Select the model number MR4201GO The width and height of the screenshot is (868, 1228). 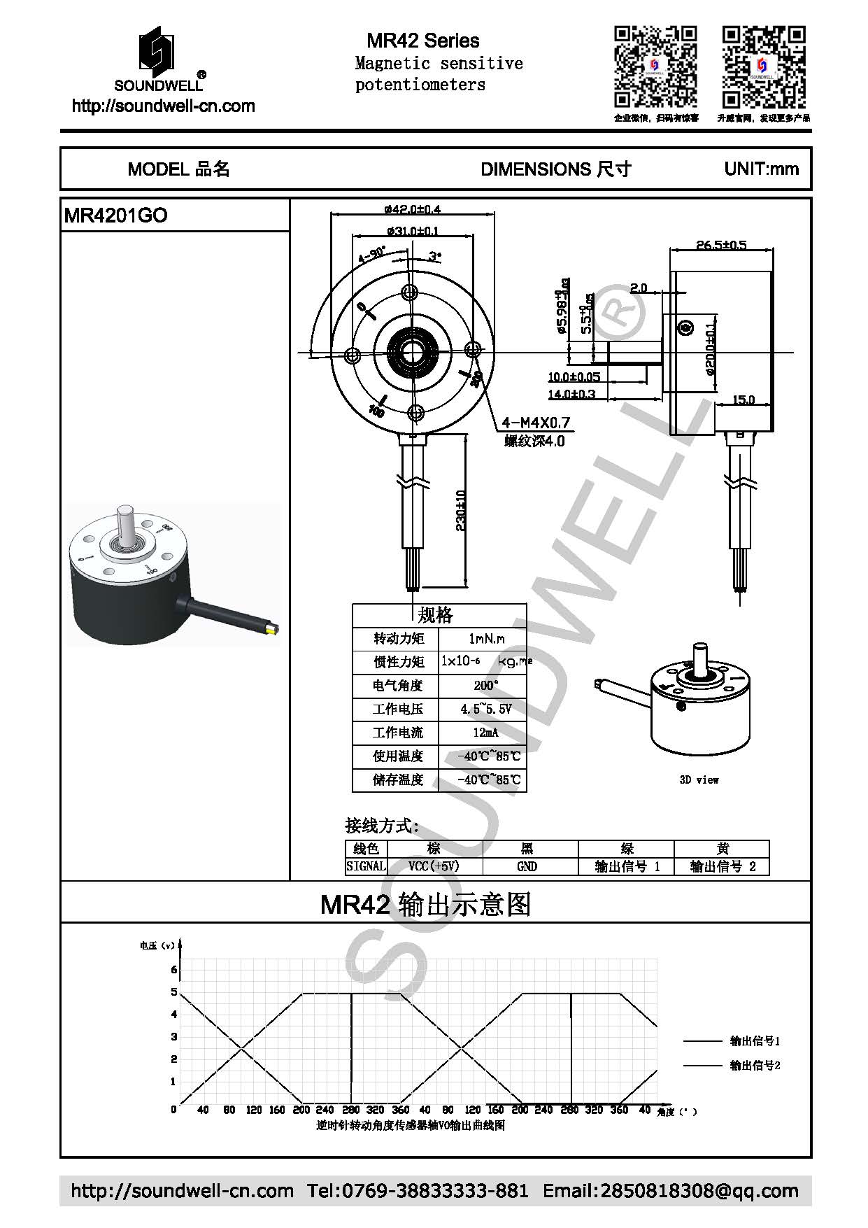pyautogui.click(x=115, y=216)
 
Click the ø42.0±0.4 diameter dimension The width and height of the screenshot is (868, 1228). pyautogui.click(x=413, y=209)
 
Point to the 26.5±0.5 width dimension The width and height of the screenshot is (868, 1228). pyautogui.click(x=721, y=245)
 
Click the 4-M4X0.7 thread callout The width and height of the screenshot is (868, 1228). pyautogui.click(x=536, y=423)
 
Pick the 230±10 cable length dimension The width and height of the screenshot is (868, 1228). pyautogui.click(x=460, y=510)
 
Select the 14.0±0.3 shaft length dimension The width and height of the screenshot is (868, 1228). pyautogui.click(x=571, y=394)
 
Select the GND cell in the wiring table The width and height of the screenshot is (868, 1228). pyautogui.click(x=527, y=866)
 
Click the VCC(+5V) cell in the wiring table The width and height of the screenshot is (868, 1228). pyautogui.click(x=434, y=866)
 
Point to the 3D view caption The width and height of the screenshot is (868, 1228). pyautogui.click(x=699, y=779)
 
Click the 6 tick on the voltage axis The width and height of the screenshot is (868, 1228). pyautogui.click(x=174, y=970)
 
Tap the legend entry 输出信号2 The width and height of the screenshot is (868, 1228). pyautogui.click(x=755, y=1065)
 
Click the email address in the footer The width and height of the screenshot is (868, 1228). pyautogui.click(x=670, y=1190)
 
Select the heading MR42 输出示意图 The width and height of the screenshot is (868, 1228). pyautogui.click(x=425, y=905)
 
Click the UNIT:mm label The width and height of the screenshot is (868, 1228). pyautogui.click(x=761, y=169)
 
